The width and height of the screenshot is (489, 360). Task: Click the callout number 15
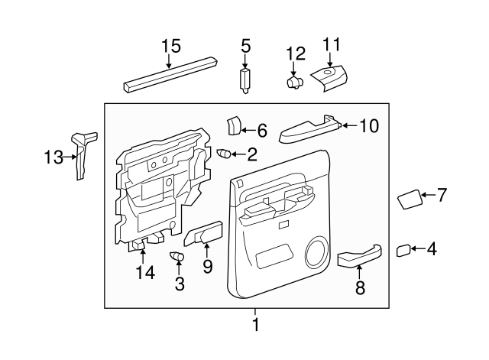click(x=170, y=47)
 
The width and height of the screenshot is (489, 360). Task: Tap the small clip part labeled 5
click(x=245, y=80)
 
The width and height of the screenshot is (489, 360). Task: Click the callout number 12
click(x=295, y=54)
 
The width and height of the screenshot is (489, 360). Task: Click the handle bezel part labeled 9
click(x=202, y=235)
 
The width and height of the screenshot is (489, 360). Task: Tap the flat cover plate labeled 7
click(x=410, y=200)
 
